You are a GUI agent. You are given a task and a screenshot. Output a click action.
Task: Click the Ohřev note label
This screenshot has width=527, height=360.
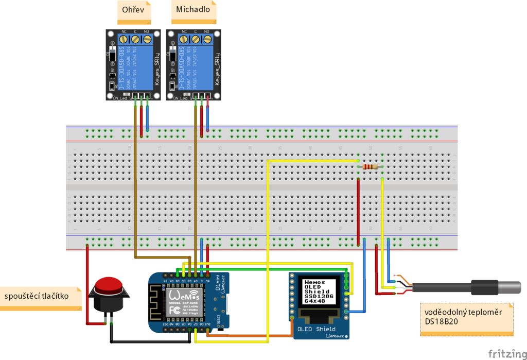pos(135,11)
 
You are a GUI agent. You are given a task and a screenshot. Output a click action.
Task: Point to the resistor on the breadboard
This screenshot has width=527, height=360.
pos(370,167)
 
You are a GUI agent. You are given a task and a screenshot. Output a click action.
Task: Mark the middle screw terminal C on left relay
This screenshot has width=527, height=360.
pos(135,39)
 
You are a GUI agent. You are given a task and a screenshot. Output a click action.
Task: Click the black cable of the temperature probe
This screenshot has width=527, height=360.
pos(443,286)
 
